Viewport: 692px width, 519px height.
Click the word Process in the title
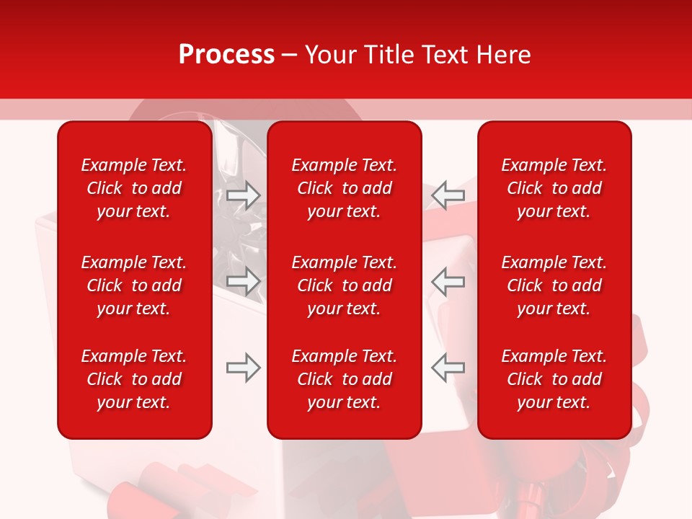click(x=226, y=55)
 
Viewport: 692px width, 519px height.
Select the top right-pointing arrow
click(x=244, y=195)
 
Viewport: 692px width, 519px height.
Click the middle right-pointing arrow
click(x=244, y=281)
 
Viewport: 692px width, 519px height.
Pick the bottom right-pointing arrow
click(x=244, y=368)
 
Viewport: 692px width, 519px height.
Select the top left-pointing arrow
click(x=448, y=195)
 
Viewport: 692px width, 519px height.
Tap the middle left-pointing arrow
click(x=448, y=281)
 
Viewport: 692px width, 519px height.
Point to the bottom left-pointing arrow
click(x=448, y=368)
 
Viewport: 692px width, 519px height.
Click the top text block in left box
click(x=134, y=188)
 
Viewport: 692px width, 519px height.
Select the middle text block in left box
click(x=134, y=285)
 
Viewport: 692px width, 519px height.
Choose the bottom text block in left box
click(x=134, y=379)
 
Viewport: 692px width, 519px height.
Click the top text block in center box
click(x=345, y=188)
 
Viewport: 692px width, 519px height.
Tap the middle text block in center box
click(x=345, y=285)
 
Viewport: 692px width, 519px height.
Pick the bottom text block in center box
click(x=345, y=379)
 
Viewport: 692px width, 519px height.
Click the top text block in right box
click(x=554, y=188)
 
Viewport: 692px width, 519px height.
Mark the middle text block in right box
click(x=554, y=285)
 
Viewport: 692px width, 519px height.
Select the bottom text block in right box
click(x=554, y=379)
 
